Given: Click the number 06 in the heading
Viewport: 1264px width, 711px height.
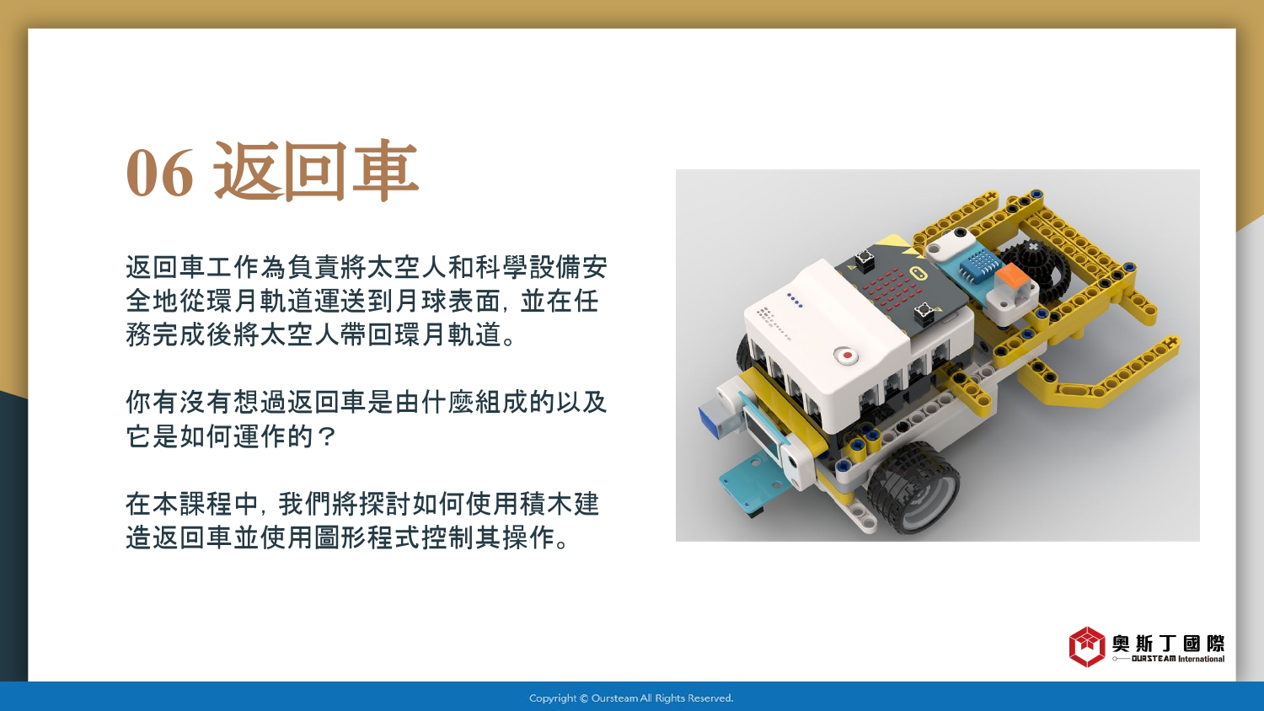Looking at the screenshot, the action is coord(160,173).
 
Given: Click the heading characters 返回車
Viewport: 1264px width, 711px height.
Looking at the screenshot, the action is coord(316,170).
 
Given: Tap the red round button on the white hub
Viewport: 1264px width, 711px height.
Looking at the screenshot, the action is coord(846,355).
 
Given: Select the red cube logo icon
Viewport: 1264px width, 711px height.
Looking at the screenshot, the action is coord(1086,647).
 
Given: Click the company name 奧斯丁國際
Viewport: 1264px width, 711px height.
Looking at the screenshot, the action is coord(1169,644).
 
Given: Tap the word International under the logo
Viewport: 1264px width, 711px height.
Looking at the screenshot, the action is coord(1202,659).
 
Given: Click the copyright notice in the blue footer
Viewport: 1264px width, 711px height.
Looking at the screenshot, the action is coord(631,698).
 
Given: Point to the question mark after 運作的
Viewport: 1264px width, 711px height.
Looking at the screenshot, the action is coord(327,436).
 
